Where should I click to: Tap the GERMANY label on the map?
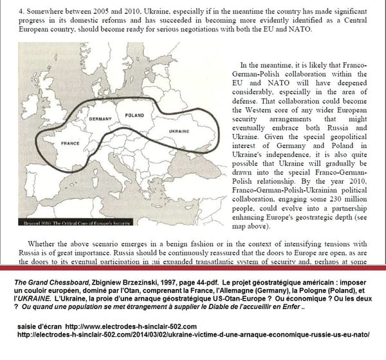click(x=101, y=119)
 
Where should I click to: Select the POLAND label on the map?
click(x=134, y=115)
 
